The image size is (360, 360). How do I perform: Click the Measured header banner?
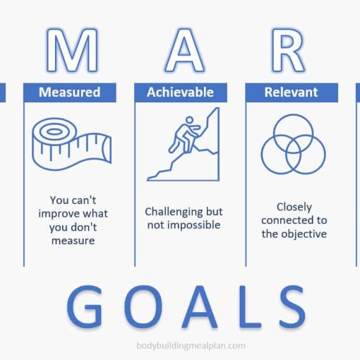tap(70, 92)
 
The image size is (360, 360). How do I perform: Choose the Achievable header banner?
tap(181, 92)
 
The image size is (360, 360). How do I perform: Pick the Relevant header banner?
tap(292, 92)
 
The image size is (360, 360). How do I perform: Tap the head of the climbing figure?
tap(189, 120)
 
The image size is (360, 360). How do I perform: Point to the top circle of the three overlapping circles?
tap(293, 114)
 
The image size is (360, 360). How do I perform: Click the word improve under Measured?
tap(57, 214)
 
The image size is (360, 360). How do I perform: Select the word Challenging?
tap(174, 212)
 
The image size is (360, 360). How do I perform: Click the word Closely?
tap(294, 208)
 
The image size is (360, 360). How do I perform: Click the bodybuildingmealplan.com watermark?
tap(191, 346)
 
